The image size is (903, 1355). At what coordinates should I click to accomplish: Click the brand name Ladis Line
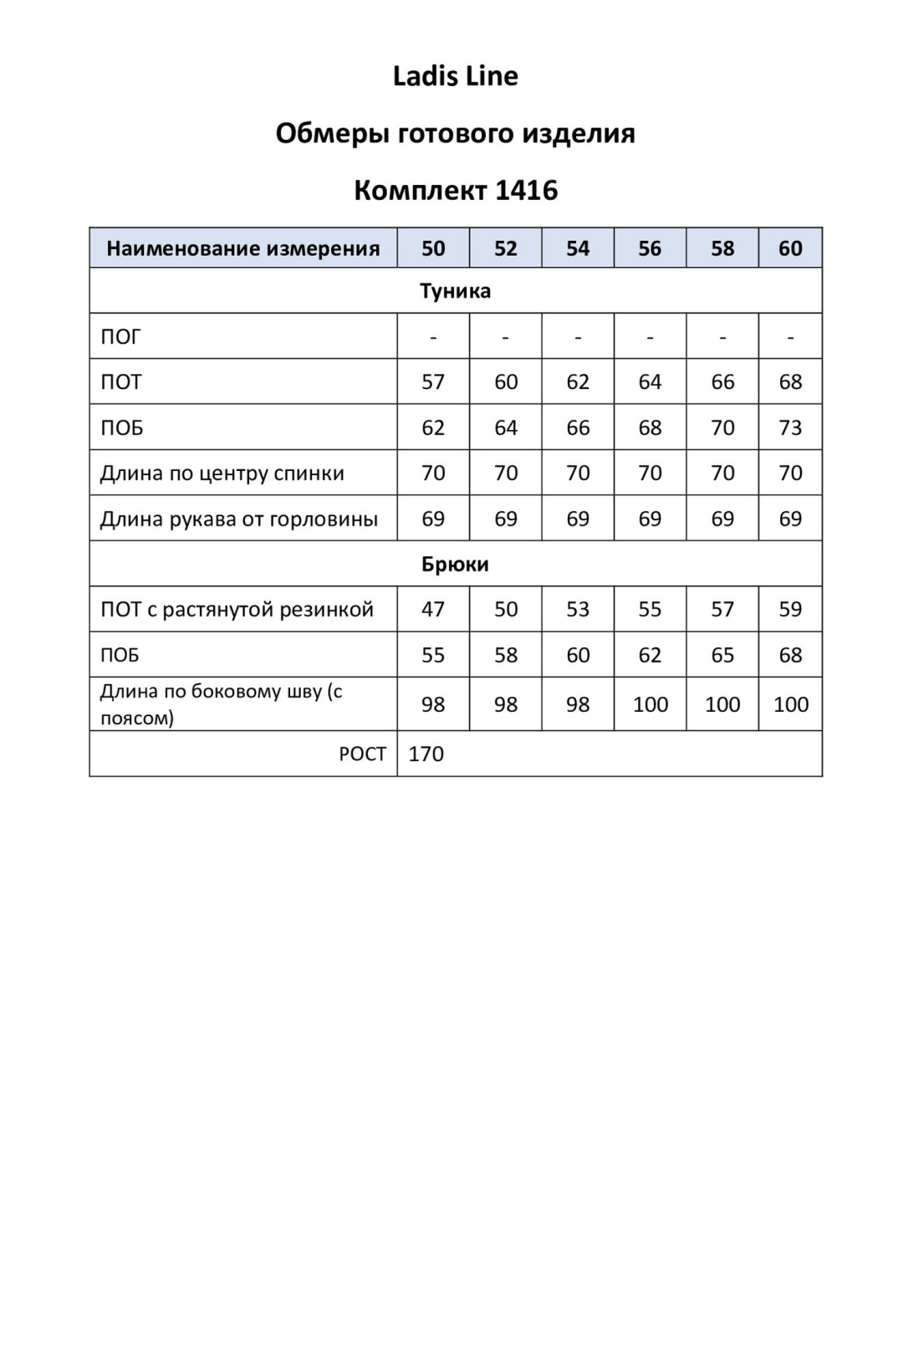point(455,76)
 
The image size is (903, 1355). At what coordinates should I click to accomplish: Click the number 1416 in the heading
point(526,190)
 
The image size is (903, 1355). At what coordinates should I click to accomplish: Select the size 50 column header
point(433,248)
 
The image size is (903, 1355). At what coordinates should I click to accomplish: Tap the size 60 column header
point(790,248)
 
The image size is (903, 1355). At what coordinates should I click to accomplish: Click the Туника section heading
point(455,291)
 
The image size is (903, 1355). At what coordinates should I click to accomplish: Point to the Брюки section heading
point(455,564)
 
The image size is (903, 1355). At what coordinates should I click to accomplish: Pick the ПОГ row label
point(121,337)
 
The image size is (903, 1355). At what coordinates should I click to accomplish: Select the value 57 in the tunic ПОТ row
point(433,382)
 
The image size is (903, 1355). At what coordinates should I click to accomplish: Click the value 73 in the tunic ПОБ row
point(790,427)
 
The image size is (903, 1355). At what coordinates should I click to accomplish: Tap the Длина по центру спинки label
point(222,473)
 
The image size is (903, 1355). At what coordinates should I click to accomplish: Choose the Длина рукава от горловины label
point(239,519)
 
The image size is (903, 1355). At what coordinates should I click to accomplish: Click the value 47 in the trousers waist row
point(433,610)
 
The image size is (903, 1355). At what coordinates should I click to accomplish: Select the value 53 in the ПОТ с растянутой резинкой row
point(578,610)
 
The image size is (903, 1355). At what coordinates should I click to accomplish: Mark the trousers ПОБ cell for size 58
point(722,655)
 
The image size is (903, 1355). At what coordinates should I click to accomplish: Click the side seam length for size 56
point(650,704)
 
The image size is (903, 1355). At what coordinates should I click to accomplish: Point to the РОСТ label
point(362,754)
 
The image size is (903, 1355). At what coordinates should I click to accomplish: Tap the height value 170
point(426,754)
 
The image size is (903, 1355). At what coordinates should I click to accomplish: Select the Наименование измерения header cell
point(243,248)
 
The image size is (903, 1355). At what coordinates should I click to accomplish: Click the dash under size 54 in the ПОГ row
point(578,337)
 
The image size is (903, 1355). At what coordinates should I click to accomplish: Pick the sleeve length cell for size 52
point(506,519)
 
